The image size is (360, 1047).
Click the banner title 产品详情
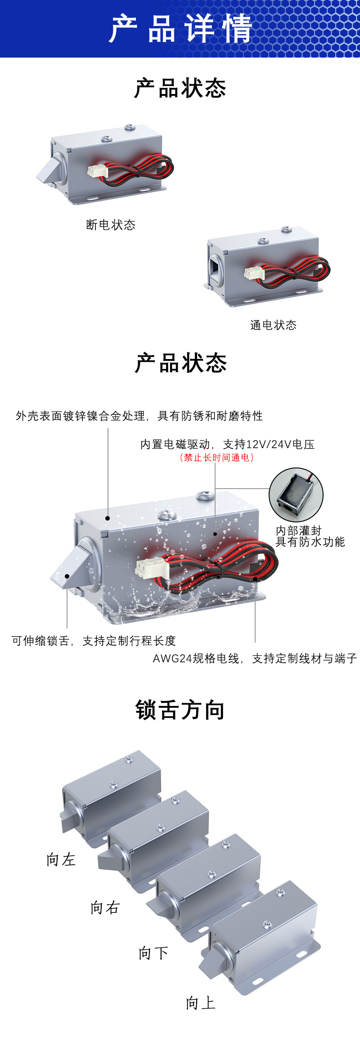coord(180,28)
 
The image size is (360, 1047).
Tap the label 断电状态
coord(111,225)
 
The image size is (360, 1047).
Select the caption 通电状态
coord(274,325)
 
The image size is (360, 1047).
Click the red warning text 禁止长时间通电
coord(216,458)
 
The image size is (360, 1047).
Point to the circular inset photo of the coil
coord(296,494)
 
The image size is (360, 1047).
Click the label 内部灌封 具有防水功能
coord(310,536)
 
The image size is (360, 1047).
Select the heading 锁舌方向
coord(180,710)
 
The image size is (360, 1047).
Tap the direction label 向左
coord(61,859)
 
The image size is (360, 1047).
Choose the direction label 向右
coord(105,908)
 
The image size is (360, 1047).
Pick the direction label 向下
coord(153,953)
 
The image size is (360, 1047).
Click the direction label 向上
coord(201,1002)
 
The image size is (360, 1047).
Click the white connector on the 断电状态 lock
coord(96,171)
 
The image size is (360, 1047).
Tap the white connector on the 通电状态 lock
coord(253,273)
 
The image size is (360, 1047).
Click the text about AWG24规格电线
coord(255,659)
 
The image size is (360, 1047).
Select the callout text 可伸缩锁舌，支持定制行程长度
coord(94,641)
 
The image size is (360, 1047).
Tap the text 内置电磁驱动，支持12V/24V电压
coord(227,445)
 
